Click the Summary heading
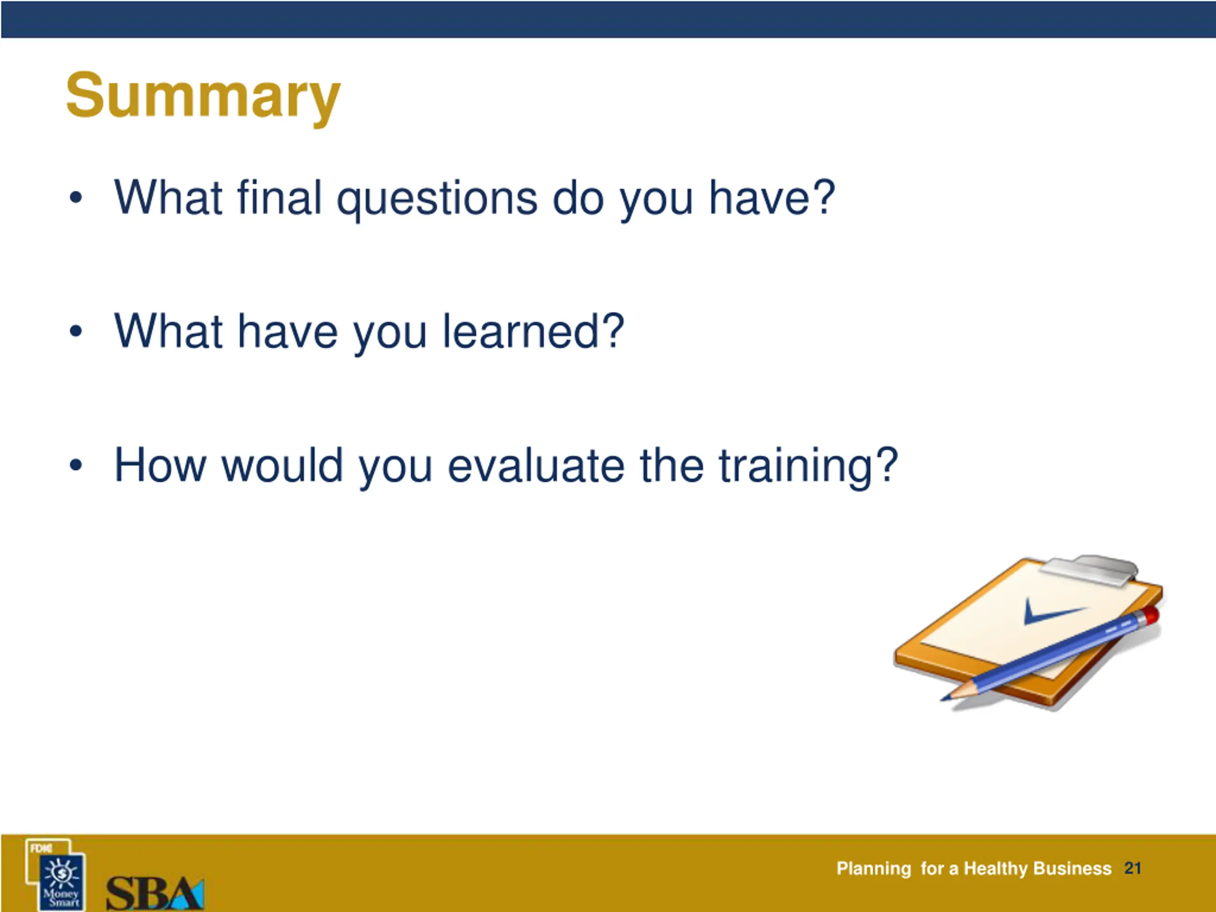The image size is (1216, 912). click(x=203, y=97)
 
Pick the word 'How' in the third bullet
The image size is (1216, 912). click(x=160, y=465)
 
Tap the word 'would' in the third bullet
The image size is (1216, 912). click(x=282, y=465)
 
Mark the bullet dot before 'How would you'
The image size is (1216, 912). click(x=76, y=465)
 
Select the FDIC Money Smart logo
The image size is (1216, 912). click(x=56, y=874)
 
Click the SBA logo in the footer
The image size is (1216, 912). click(x=155, y=893)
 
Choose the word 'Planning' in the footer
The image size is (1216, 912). click(x=874, y=869)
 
